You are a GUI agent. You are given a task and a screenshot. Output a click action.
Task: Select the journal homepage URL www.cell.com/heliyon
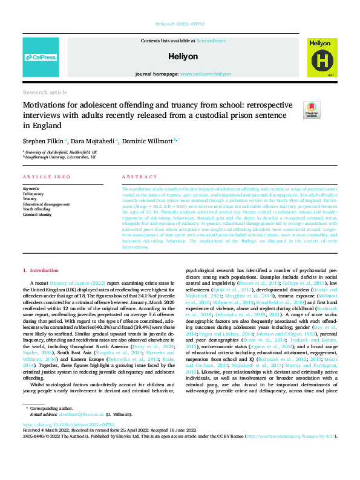pyautogui.click(x=205, y=73)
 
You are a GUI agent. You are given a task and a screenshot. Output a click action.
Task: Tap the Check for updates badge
pyautogui.click(x=311, y=109)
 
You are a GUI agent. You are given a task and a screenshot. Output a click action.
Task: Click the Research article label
pyautogui.click(x=44, y=92)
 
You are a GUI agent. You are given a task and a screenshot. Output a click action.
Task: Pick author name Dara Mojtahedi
pyautogui.click(x=93, y=140)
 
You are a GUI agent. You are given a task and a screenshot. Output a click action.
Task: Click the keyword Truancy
pyautogui.click(x=30, y=198)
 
